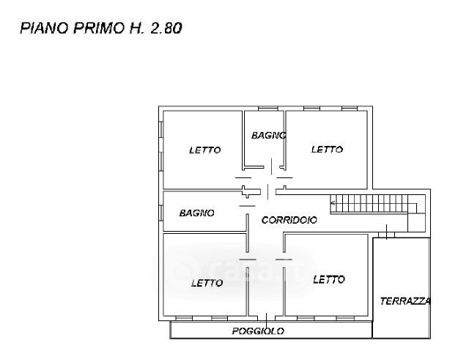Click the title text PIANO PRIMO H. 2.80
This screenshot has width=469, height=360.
click(101, 29)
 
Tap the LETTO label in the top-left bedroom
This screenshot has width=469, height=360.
click(204, 150)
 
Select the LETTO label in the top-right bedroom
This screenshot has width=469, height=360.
click(327, 150)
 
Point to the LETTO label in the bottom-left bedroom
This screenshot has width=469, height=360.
click(207, 283)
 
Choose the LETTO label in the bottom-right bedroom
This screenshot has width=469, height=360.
click(328, 279)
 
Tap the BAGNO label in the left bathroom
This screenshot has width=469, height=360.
click(196, 213)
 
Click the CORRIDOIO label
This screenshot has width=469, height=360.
click(289, 219)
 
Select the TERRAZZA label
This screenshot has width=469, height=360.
click(405, 301)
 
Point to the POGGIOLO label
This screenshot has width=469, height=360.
click(258, 331)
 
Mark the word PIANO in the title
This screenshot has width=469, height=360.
click(43, 29)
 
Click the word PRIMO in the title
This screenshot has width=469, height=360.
click(92, 29)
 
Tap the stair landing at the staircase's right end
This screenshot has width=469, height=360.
click(416, 213)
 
